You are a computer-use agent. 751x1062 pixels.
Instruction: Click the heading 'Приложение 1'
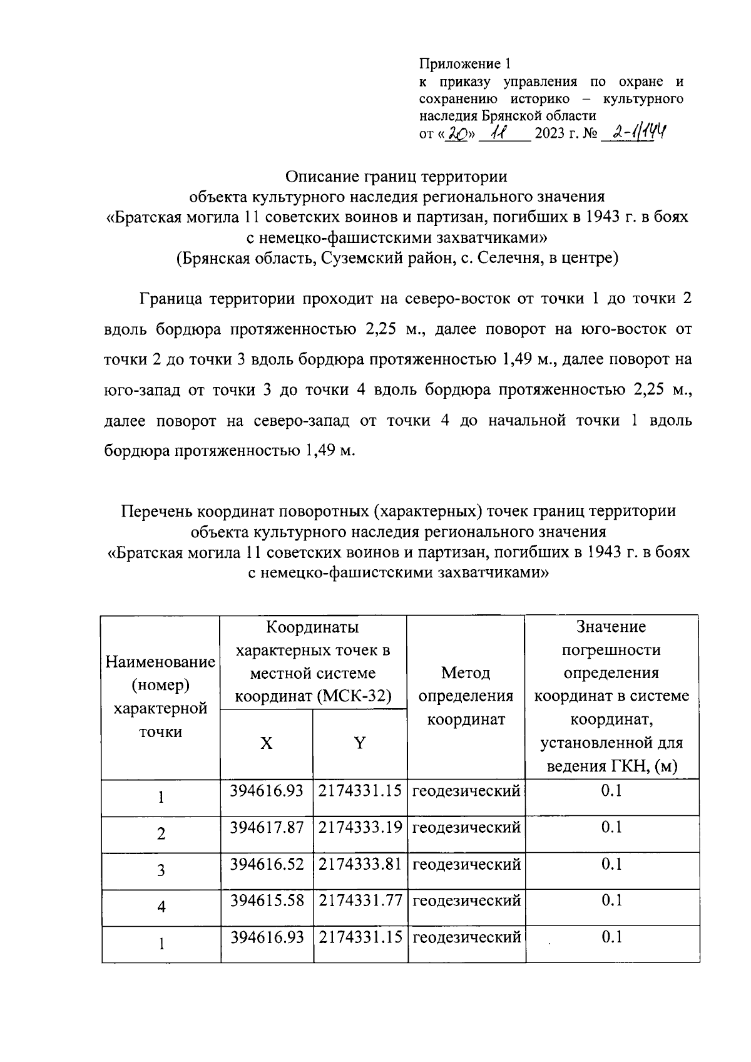465,64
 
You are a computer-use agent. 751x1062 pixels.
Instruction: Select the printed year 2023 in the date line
549,134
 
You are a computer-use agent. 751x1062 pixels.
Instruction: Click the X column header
267,743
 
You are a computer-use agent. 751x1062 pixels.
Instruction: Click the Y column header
360,743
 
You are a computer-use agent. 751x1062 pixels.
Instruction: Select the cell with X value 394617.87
267,828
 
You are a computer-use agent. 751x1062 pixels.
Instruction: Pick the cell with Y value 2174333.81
360,864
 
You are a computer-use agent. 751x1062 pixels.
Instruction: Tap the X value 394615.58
267,900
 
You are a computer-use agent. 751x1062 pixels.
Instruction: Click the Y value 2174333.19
360,828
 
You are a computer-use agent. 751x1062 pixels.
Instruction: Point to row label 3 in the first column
161,870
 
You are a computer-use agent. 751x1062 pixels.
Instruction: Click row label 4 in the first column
161,907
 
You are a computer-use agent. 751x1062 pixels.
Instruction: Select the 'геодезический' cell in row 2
466,828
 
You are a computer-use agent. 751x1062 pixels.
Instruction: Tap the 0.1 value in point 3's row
611,864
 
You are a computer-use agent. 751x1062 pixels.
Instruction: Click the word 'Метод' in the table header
466,673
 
